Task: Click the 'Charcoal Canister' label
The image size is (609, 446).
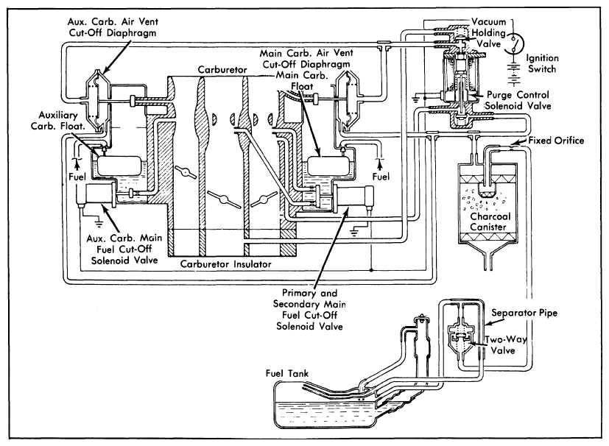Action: coord(490,222)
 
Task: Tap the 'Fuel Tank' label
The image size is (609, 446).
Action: coord(287,373)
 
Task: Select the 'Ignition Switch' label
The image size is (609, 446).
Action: coord(542,63)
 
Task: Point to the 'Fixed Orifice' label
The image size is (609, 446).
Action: coord(556,141)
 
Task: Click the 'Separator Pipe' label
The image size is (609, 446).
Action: coord(524,313)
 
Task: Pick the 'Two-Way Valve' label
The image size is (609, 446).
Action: coord(505,344)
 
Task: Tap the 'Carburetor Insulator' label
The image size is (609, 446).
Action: coord(225,264)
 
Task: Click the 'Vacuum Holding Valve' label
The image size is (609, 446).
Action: coord(488,32)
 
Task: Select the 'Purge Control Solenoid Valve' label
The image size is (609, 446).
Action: coord(518,100)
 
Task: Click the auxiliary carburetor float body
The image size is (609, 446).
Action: coord(119,166)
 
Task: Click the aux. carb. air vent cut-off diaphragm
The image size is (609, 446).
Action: coord(96,100)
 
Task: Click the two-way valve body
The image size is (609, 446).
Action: coord(460,337)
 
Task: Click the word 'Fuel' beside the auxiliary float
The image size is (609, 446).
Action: coord(77,177)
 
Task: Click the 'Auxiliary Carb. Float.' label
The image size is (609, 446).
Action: coord(58,120)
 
